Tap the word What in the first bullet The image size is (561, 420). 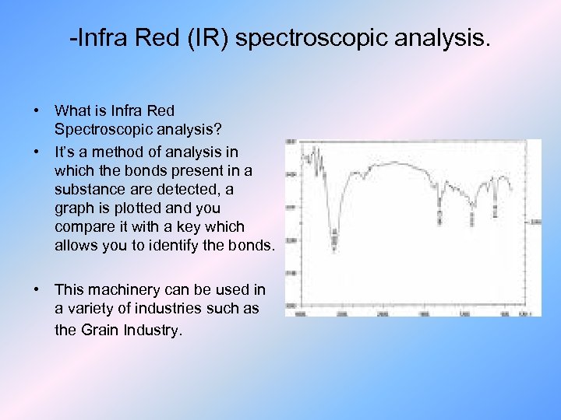72,110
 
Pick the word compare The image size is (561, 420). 82,227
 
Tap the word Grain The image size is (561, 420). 100,329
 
